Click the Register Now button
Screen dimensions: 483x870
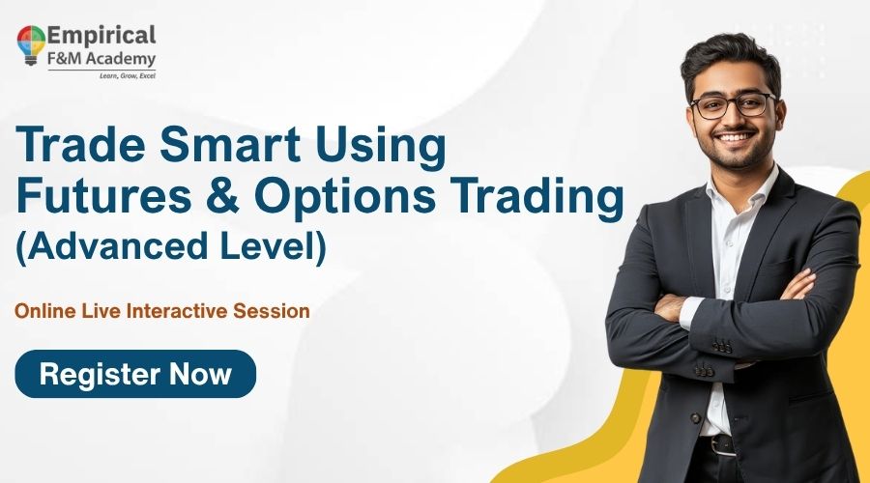135,374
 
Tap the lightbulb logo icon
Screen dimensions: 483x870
31,43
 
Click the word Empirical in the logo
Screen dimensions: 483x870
101,36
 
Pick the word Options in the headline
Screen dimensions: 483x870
349,198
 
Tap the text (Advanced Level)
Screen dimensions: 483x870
171,244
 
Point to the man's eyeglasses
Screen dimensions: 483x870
732,105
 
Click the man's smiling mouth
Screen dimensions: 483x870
738,138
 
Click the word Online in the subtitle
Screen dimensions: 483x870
42,311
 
